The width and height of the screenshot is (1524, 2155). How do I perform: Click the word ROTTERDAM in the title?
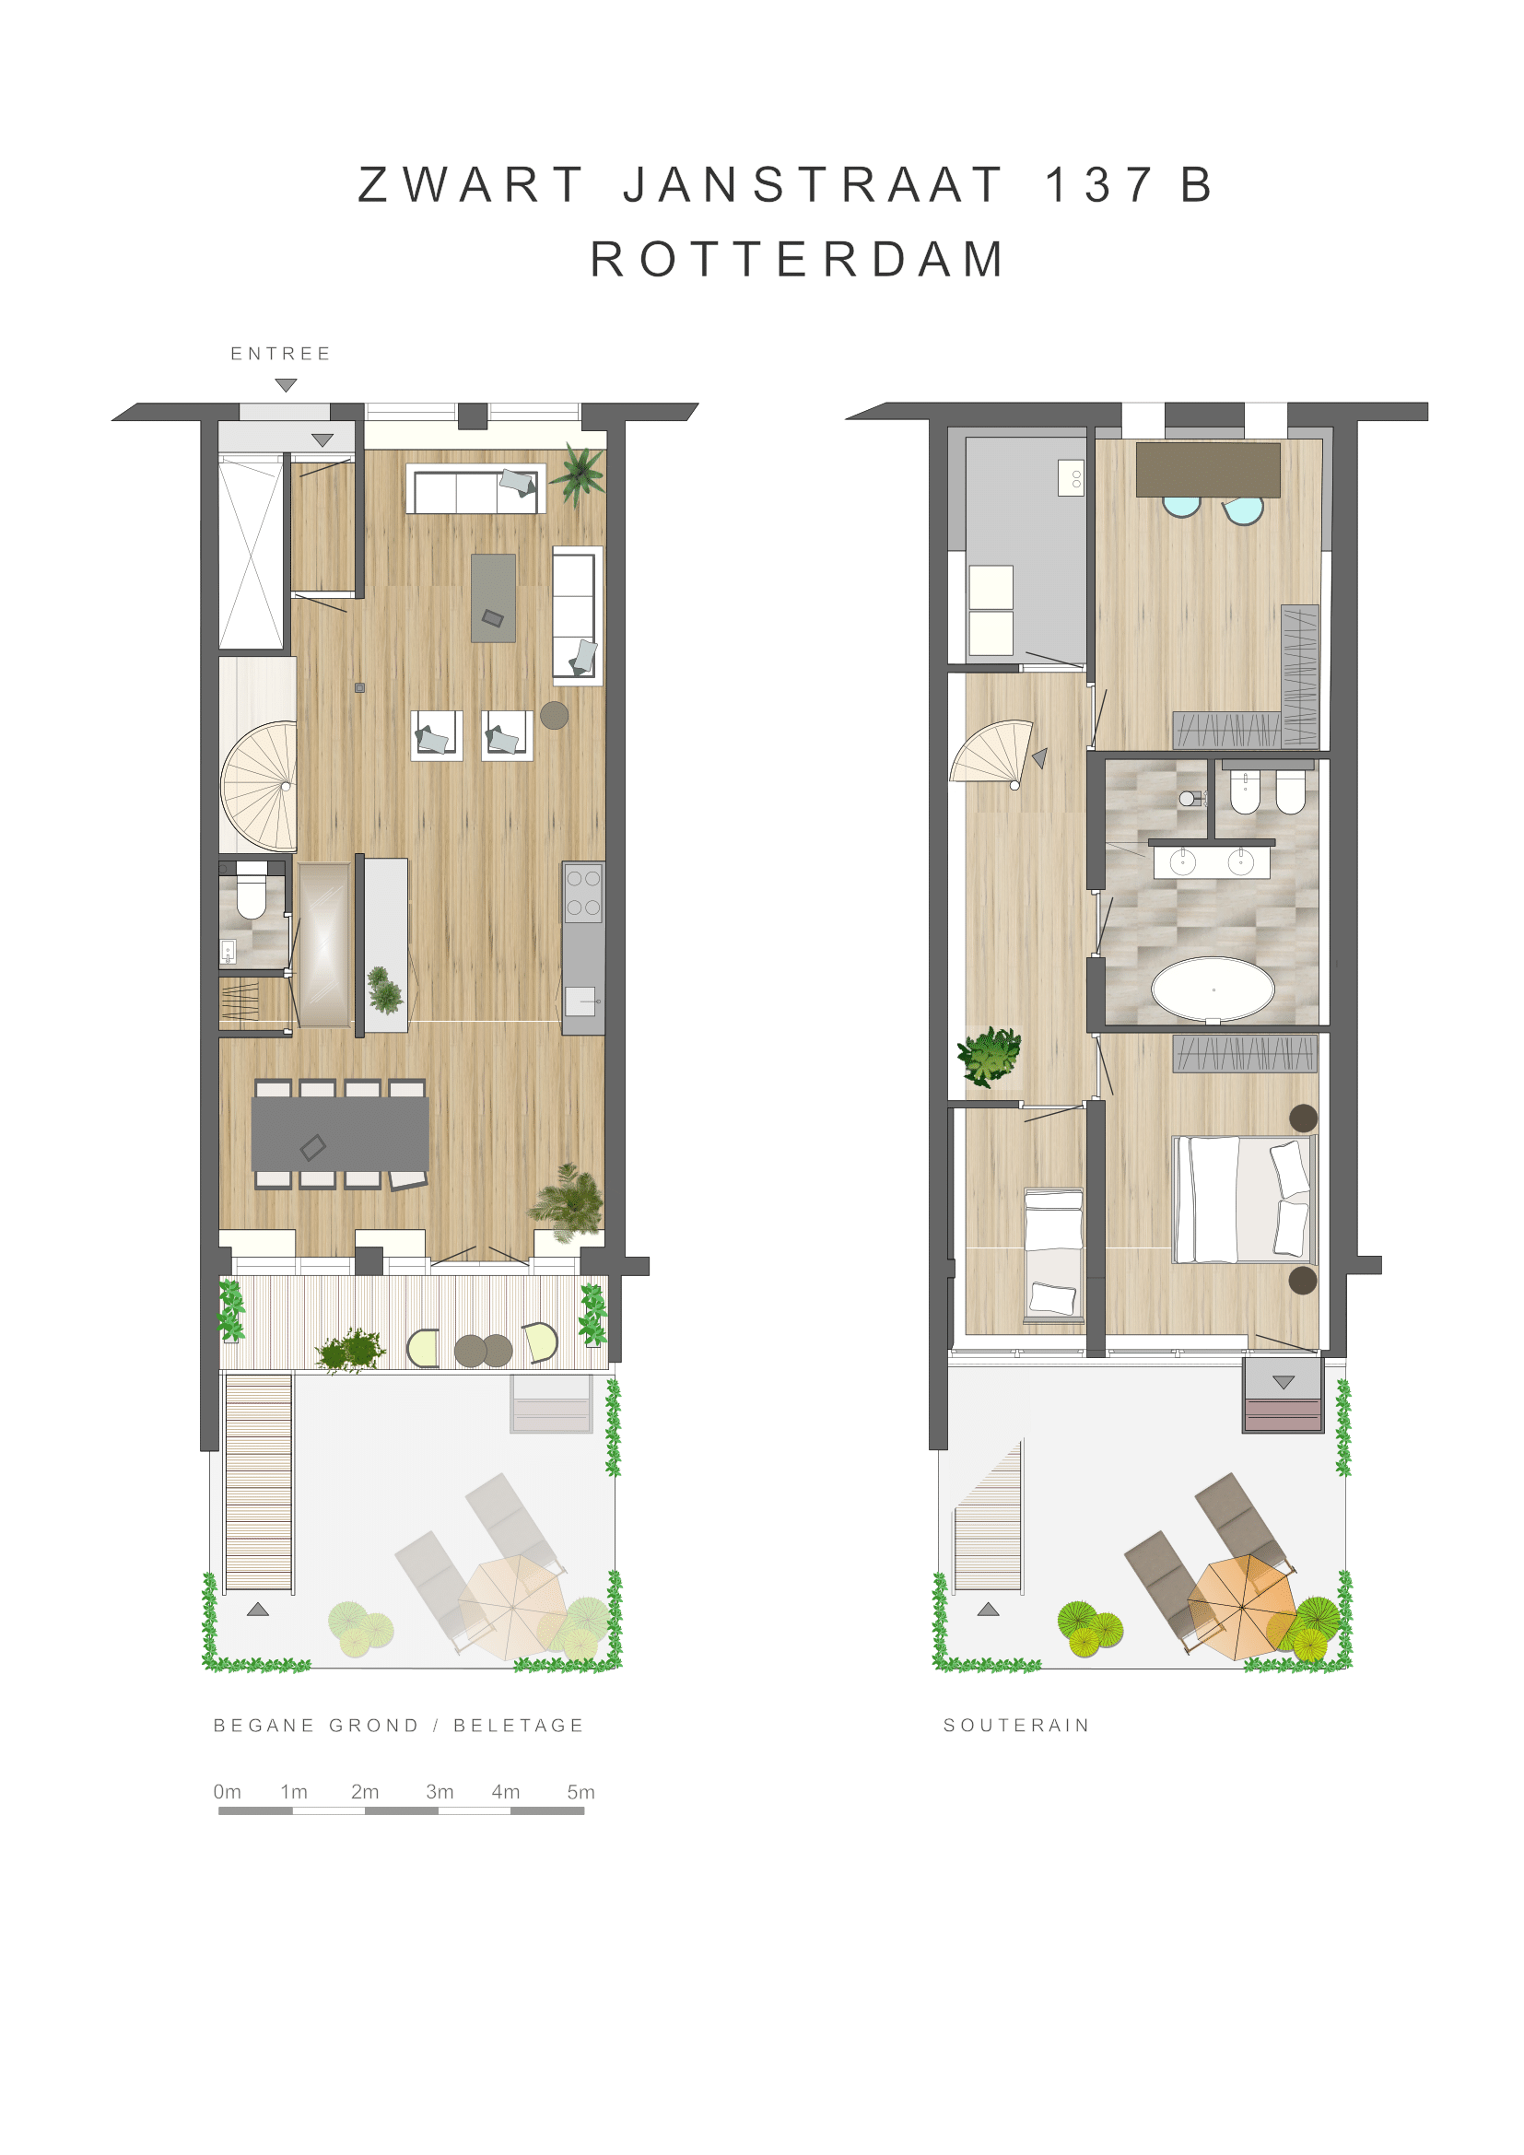point(798,259)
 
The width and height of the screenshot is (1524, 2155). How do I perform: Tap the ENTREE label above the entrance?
point(281,354)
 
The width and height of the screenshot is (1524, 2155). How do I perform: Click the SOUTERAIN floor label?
point(1016,1725)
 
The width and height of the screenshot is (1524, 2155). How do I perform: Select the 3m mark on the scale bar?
point(440,1792)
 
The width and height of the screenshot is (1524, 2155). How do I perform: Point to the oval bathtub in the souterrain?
point(1213,990)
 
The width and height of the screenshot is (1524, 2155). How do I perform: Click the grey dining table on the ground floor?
point(340,1134)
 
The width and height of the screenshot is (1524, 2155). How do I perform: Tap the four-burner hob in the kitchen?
point(582,893)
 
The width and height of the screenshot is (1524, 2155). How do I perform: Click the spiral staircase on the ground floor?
point(259,786)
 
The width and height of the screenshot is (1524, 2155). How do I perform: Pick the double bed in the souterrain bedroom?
point(1242,1199)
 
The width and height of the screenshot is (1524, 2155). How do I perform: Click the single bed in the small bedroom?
point(1053,1253)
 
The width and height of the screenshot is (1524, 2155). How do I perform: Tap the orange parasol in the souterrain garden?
point(1241,1608)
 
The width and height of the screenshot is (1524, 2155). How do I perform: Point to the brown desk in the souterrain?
point(1208,469)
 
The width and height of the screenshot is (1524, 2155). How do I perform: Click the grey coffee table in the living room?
point(494,598)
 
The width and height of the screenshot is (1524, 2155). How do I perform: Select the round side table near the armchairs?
point(555,715)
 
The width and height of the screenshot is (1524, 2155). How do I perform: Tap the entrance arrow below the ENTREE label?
point(287,385)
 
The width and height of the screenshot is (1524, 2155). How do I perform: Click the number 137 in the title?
point(1099,185)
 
